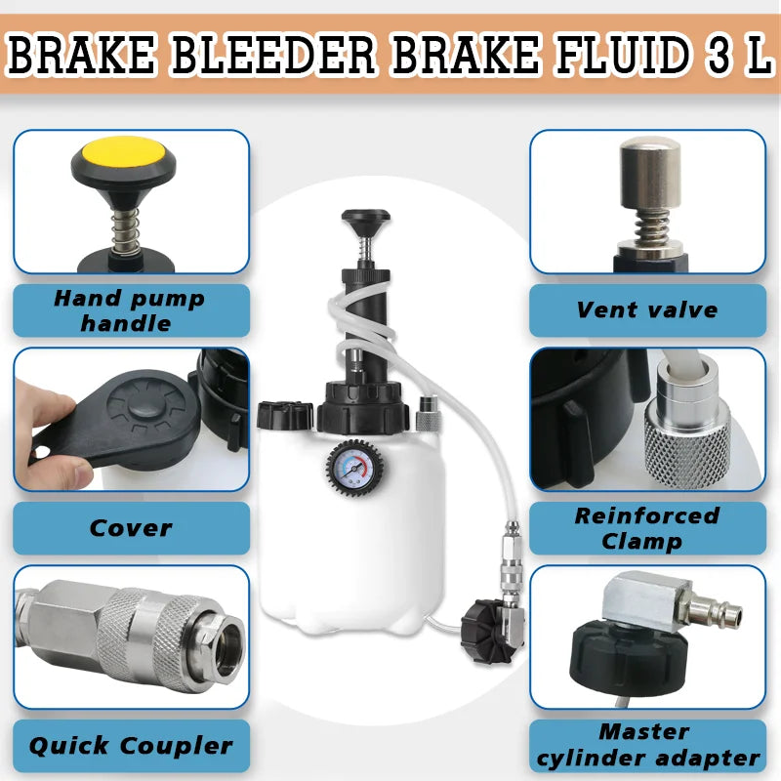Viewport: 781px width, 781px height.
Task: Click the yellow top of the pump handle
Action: click(124, 152)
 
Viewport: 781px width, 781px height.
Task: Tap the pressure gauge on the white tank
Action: click(354, 468)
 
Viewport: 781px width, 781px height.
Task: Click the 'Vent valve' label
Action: click(647, 309)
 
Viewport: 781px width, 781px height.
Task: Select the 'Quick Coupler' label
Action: click(131, 746)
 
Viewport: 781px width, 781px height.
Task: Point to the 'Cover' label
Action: click(131, 528)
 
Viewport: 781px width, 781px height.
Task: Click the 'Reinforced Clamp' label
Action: click(646, 528)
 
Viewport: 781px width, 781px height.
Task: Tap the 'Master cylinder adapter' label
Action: click(647, 745)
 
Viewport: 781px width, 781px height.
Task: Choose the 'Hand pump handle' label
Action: click(129, 310)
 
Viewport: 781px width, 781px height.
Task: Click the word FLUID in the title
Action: click(624, 55)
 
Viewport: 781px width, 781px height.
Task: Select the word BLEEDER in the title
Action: click(272, 55)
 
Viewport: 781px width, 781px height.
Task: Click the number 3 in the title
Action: click(719, 55)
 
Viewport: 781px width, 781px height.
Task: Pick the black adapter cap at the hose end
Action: click(485, 632)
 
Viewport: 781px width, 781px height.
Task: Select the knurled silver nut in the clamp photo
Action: click(687, 443)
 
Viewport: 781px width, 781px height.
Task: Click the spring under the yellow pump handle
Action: click(125, 229)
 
